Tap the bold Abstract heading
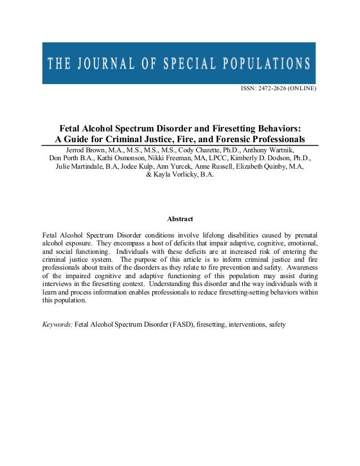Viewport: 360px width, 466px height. (180, 219)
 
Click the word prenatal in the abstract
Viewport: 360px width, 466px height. (303, 234)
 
